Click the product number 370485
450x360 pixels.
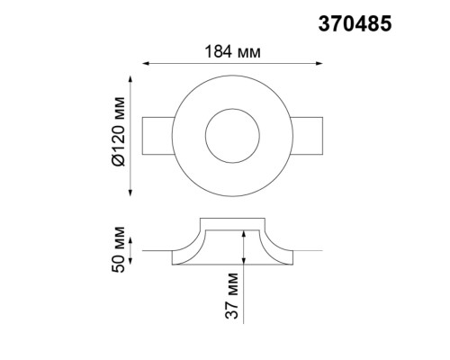[x=355, y=23]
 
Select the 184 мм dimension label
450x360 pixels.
[x=232, y=52]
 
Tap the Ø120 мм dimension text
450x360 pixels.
[x=118, y=131]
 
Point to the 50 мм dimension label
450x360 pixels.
[x=118, y=249]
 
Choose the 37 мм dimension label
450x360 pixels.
[x=231, y=295]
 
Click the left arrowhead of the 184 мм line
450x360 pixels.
[x=146, y=64]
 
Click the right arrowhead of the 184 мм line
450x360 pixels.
[x=319, y=64]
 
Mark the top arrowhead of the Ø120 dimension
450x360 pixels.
[x=130, y=79]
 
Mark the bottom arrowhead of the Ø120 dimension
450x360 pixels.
[x=130, y=193]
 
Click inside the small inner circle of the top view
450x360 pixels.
[x=232, y=136]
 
